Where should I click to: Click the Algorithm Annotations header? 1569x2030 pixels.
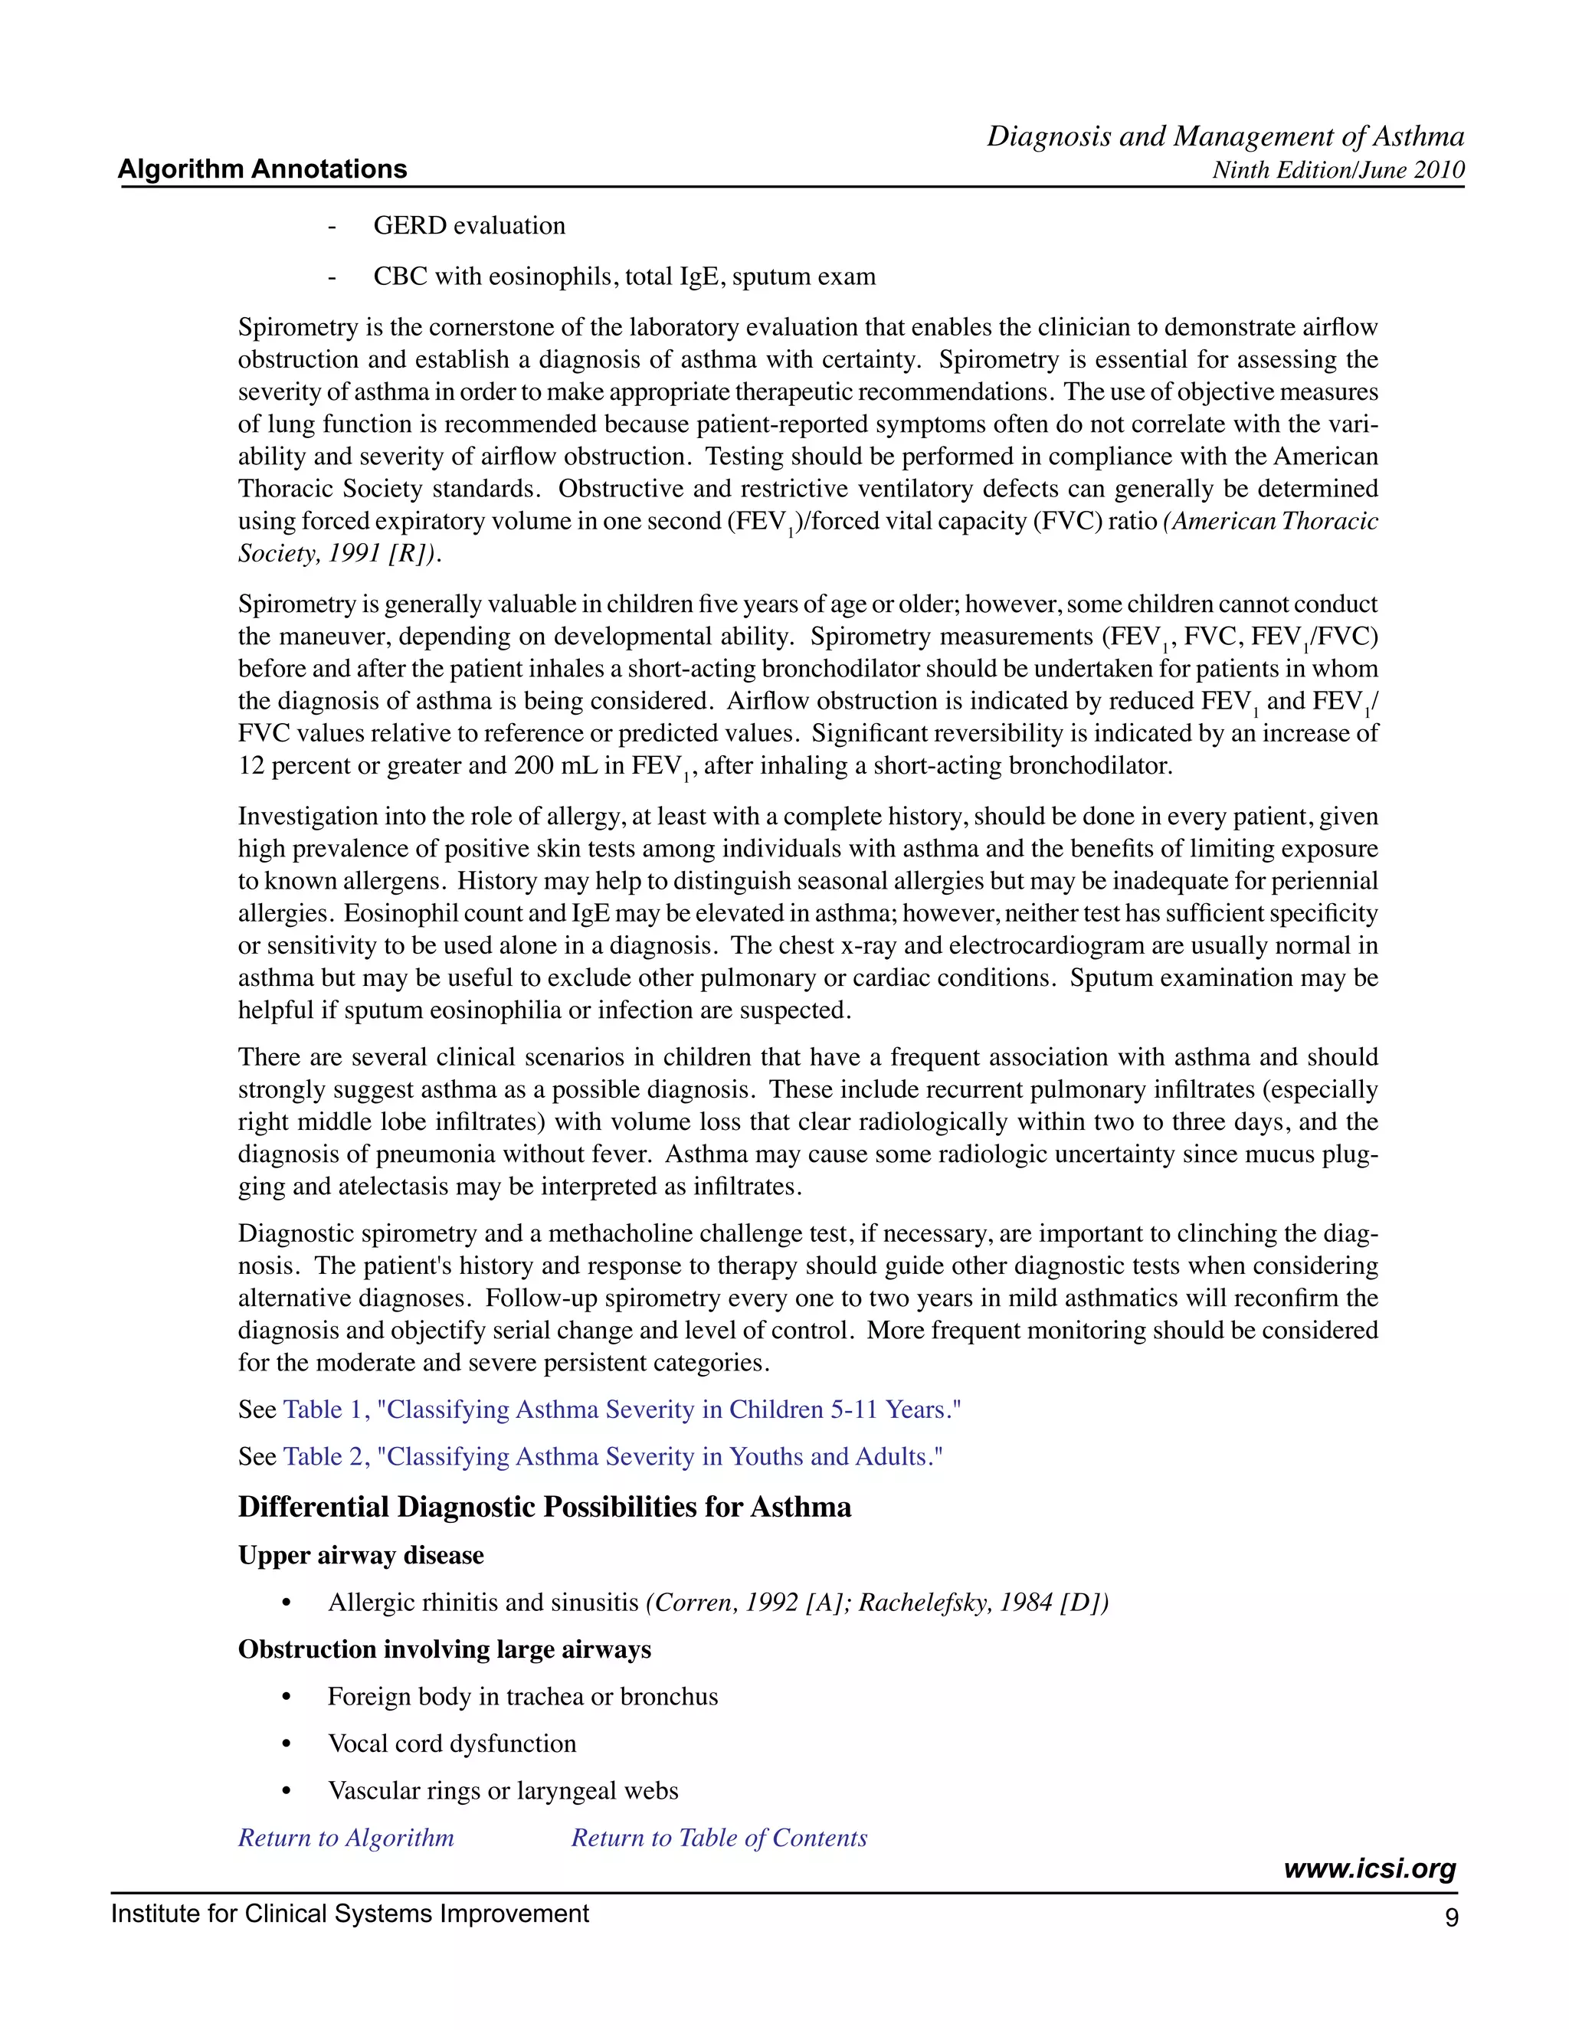tap(262, 169)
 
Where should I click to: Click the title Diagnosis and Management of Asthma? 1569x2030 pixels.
tap(1225, 136)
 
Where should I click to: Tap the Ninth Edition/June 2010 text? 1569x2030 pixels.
tap(1338, 170)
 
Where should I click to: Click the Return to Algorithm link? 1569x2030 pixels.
tap(346, 1838)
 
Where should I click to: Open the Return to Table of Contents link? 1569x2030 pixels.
tap(719, 1838)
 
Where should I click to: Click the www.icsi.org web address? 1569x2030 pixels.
tap(1368, 1869)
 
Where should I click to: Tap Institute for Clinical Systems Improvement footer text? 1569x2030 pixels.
tap(349, 1914)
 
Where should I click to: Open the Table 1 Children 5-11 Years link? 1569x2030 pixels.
tap(622, 1410)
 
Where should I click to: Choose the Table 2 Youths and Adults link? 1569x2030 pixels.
tap(613, 1456)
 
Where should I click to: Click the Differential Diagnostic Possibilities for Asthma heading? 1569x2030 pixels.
tap(544, 1507)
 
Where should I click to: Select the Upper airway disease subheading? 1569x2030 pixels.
tap(361, 1556)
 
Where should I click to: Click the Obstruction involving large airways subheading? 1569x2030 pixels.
tap(444, 1650)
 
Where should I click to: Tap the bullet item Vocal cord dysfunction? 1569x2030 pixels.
tap(452, 1744)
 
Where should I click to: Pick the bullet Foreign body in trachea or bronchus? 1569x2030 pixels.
tap(522, 1698)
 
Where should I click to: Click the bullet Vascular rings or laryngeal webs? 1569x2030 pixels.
tap(503, 1791)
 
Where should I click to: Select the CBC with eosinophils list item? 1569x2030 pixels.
tap(624, 277)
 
